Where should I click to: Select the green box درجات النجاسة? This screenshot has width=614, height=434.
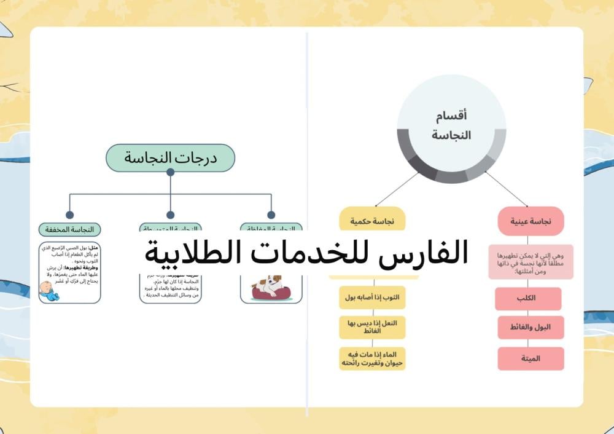click(x=170, y=157)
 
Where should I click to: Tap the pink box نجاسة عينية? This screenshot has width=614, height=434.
click(x=530, y=221)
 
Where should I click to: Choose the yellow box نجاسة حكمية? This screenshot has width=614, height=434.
click(x=373, y=221)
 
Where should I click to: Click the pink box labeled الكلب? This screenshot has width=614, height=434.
click(x=528, y=298)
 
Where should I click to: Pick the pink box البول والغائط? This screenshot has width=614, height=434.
click(x=530, y=328)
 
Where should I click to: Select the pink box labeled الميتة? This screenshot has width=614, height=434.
click(x=530, y=358)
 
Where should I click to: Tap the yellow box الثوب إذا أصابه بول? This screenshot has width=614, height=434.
click(x=373, y=298)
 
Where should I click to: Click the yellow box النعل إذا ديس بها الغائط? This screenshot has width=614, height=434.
click(x=373, y=327)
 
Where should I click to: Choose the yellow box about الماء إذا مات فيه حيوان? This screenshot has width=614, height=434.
click(x=373, y=358)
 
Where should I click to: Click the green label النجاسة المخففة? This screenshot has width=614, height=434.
click(x=69, y=229)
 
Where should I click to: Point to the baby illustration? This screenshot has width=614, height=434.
click(x=49, y=291)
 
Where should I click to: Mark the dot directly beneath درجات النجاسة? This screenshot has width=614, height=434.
click(x=170, y=172)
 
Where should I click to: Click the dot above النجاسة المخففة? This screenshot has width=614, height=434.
click(x=69, y=215)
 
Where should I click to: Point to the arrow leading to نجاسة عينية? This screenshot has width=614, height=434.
click(x=507, y=189)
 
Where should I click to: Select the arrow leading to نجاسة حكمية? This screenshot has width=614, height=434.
click(x=396, y=189)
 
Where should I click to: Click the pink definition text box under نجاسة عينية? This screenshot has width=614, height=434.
click(x=530, y=262)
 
